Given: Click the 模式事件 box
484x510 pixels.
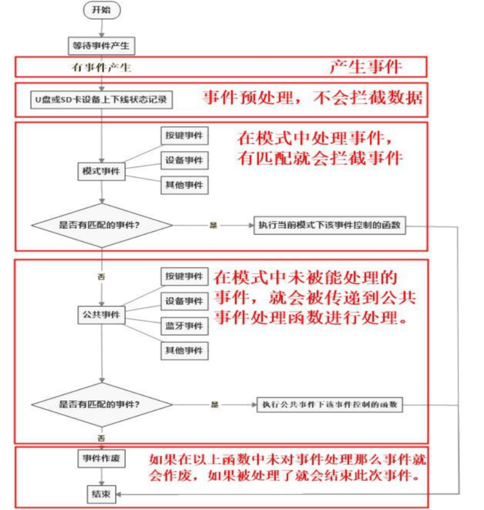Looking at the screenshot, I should click(101, 171).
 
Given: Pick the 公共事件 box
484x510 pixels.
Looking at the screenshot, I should click(101, 314).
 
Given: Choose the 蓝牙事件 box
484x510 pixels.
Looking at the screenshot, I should click(184, 326).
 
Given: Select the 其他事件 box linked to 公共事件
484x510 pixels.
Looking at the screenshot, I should click(184, 350).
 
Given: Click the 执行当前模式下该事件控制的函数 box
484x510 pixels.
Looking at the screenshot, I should click(329, 225).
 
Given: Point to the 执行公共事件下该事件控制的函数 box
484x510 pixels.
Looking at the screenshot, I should click(329, 404).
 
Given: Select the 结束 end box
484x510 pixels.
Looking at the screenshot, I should click(100, 494).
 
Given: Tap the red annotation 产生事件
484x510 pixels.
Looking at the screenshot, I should click(366, 66).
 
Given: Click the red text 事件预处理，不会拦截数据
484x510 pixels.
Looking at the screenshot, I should click(312, 97).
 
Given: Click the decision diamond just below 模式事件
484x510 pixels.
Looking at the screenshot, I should click(100, 225).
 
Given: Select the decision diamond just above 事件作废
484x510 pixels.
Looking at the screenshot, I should click(100, 404).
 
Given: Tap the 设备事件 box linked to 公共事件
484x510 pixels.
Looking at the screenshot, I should click(184, 301).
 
